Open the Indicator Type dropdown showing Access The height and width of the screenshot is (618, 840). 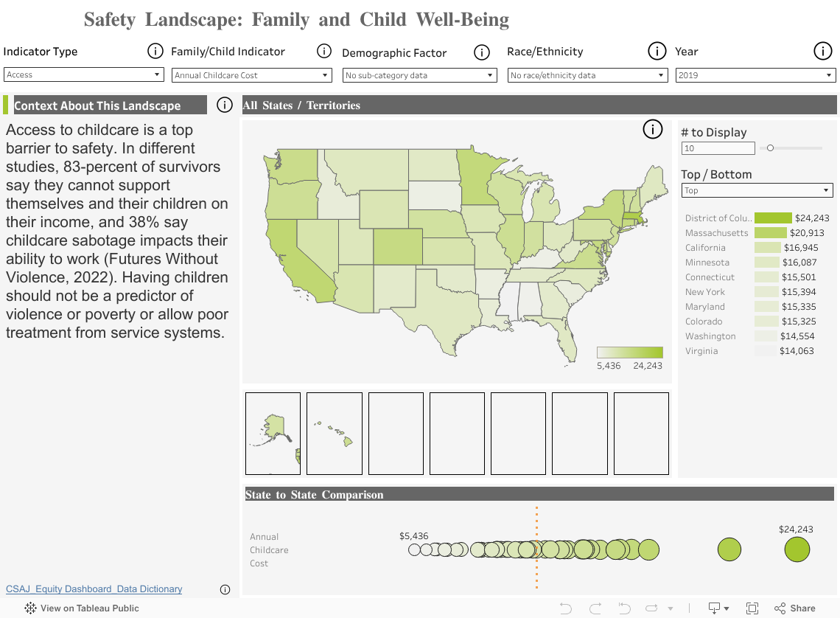pos(83,74)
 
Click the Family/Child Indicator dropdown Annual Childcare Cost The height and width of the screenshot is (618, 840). pos(252,75)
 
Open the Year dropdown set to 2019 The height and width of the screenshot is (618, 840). pos(755,75)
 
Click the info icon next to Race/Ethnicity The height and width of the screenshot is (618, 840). pos(657,51)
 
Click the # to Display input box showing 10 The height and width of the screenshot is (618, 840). pos(718,148)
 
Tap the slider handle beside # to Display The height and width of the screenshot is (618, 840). pos(770,147)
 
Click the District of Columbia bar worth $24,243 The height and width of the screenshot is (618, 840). pos(773,218)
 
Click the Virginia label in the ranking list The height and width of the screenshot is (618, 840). pos(701,351)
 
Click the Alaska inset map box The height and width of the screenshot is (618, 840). pos(273,433)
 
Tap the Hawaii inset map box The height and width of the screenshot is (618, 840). pos(335,433)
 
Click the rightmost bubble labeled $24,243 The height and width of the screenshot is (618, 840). pos(797,549)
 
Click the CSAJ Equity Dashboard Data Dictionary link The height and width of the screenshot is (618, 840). pos(94,589)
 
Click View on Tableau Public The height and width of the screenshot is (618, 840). pos(82,608)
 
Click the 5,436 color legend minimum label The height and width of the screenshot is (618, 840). pos(609,366)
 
